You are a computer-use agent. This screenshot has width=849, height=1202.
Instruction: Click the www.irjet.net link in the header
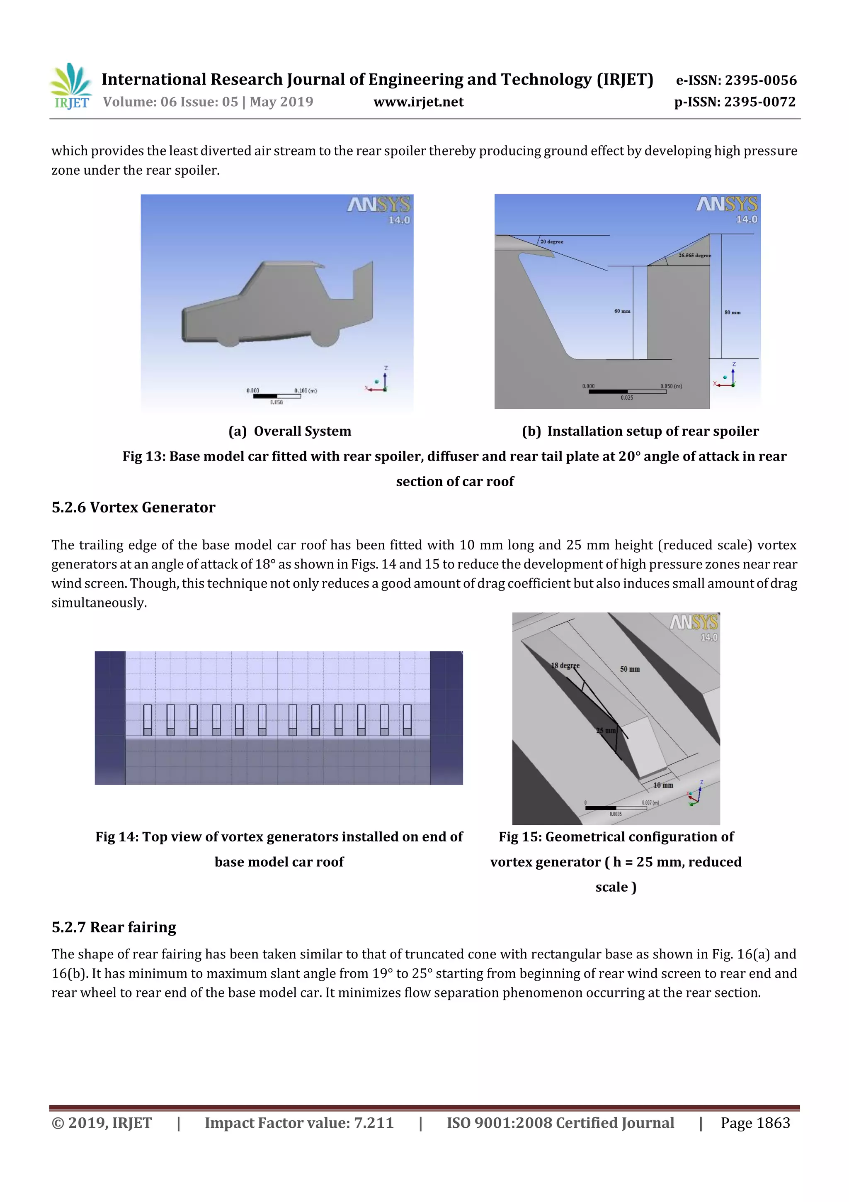(x=418, y=102)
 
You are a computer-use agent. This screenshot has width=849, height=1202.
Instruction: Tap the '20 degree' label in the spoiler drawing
(x=551, y=242)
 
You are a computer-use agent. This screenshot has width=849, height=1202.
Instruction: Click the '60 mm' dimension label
(x=622, y=311)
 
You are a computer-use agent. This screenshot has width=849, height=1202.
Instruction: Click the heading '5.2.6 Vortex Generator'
(x=133, y=507)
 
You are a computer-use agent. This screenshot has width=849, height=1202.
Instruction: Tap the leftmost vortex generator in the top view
(x=148, y=720)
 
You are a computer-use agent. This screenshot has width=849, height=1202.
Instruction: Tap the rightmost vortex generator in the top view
(x=407, y=720)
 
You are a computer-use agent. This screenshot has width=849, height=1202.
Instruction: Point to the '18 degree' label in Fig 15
(x=565, y=666)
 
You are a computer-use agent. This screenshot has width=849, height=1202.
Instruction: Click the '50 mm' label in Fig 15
(x=629, y=669)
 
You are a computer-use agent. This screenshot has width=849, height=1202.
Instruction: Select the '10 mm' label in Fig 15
(x=663, y=785)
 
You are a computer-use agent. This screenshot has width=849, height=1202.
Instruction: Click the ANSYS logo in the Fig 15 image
(x=694, y=622)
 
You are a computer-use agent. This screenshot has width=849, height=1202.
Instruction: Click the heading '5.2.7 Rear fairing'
(x=114, y=927)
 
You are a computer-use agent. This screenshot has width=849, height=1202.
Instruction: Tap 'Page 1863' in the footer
(x=755, y=1122)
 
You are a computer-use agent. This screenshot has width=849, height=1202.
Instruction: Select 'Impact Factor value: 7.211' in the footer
(x=299, y=1122)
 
